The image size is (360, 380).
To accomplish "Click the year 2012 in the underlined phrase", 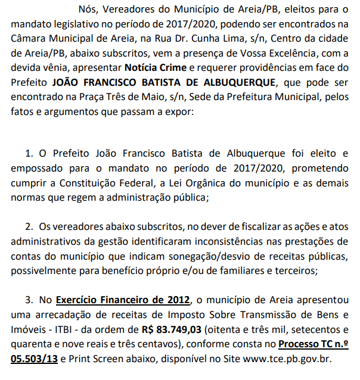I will tap(179, 300).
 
